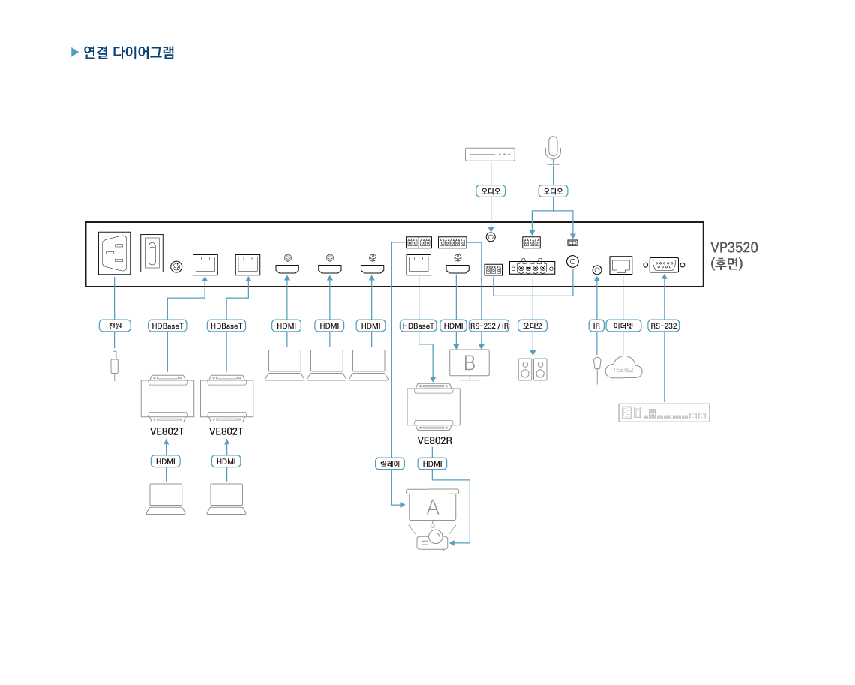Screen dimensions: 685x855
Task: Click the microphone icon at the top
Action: [553, 148]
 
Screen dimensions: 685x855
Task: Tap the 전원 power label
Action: [115, 326]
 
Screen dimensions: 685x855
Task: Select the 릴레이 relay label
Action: [390, 464]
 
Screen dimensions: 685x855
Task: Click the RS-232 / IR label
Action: [490, 326]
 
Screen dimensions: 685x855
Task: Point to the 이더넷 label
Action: [623, 326]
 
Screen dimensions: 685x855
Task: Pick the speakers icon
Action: [532, 369]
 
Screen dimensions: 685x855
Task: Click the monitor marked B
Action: [469, 363]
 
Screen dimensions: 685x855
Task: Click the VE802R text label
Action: [434, 441]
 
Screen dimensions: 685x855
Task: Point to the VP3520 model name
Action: [734, 248]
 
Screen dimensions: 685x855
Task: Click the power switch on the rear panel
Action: [152, 253]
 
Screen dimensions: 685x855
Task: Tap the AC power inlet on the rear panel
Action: [115, 253]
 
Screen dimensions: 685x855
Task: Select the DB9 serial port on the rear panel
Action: [664, 264]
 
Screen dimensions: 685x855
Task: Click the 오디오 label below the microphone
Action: [553, 191]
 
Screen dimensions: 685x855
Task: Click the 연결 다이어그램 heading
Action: [128, 53]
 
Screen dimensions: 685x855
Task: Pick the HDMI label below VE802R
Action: [433, 464]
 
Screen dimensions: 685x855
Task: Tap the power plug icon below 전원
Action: [114, 365]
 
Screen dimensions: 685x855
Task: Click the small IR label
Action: [597, 326]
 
